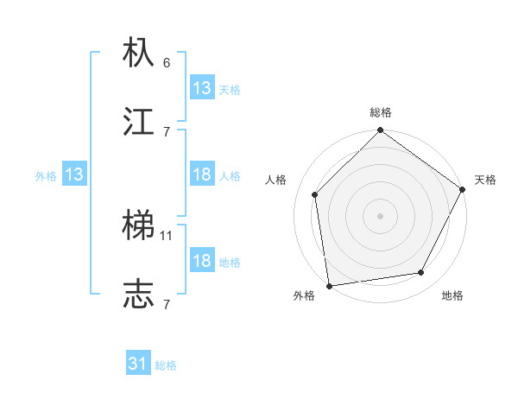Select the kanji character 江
[139, 122]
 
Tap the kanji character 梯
[139, 225]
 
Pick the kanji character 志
[139, 295]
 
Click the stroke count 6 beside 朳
[167, 62]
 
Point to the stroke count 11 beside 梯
[167, 235]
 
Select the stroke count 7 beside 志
[167, 304]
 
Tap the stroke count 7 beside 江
[167, 131]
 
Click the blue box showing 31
[138, 365]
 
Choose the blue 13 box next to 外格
[74, 175]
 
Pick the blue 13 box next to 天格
[202, 88]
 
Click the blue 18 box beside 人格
[202, 175]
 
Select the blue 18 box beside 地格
[202, 261]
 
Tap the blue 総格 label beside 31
[166, 365]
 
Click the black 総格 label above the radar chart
[381, 112]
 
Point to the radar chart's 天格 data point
[463, 190]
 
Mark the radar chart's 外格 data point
[329, 285]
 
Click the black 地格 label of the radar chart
[452, 296]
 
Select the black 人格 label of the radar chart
[276, 180]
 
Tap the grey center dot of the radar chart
[381, 215]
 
